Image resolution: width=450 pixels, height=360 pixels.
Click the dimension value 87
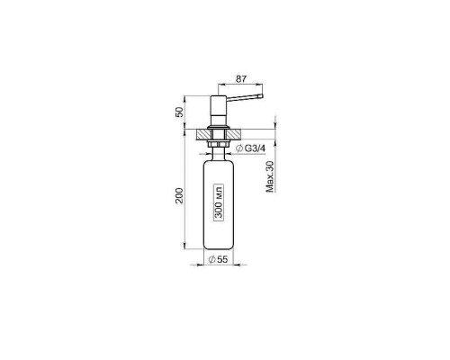(241, 79)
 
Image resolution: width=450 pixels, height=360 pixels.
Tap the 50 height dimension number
(179, 112)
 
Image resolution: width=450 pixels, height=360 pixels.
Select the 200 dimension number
(179, 195)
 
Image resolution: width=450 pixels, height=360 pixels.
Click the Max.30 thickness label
(270, 176)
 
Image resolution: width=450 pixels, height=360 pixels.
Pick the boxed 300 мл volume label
(219, 202)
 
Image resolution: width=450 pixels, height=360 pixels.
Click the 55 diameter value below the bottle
(222, 259)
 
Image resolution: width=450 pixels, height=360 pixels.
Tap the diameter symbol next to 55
(211, 259)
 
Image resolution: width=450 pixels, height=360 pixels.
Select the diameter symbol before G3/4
(239, 148)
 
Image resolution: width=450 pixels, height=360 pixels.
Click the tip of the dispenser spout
(262, 96)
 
